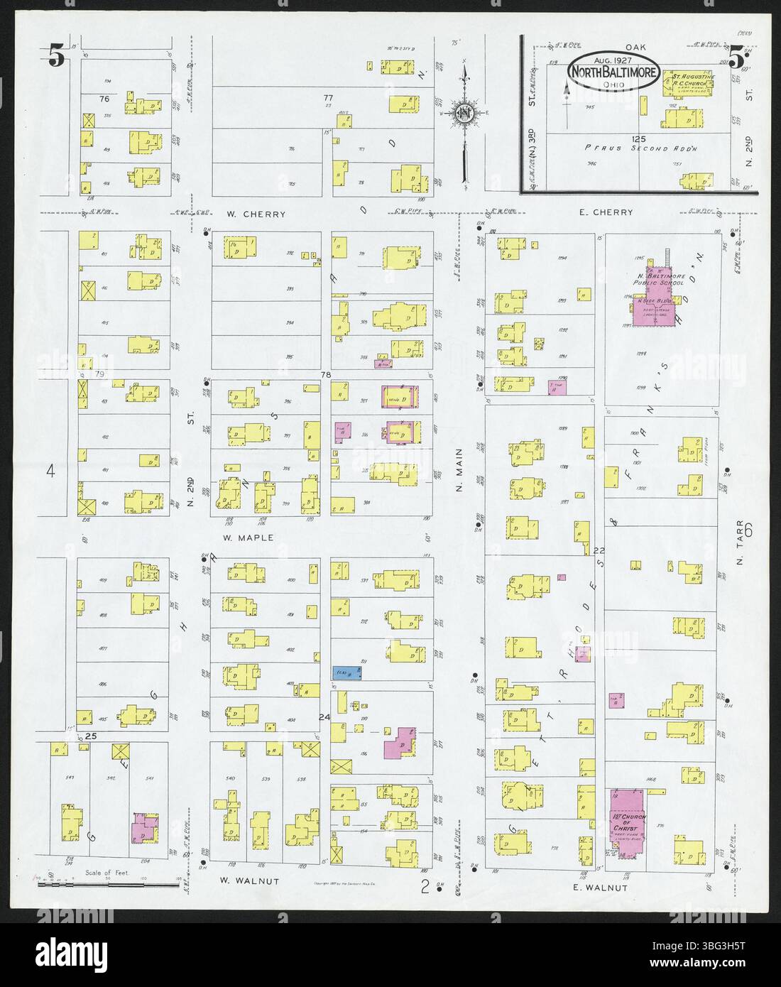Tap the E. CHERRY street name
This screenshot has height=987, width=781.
pos(608,212)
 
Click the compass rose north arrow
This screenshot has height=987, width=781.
pos(464,114)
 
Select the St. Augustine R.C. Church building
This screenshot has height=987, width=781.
pos(687,87)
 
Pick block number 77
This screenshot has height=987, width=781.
pos(327,97)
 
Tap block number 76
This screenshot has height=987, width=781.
pos(104,99)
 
